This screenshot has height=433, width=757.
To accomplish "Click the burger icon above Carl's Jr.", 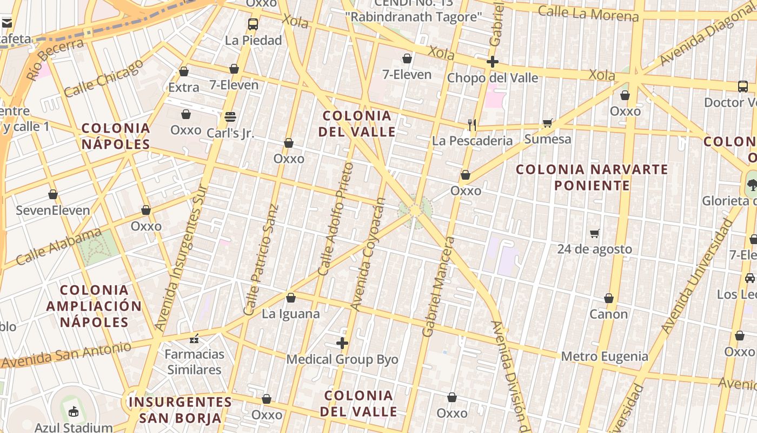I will pos(230,116).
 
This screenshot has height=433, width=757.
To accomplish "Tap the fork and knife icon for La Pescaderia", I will pos(472,125).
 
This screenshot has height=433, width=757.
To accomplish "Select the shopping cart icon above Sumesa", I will pos(547,123).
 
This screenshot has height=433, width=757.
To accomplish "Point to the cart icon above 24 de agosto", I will pos(594,233).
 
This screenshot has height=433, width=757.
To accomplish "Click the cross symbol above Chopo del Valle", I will pos(492,62).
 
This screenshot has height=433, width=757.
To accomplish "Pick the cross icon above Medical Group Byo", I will pos(342,343).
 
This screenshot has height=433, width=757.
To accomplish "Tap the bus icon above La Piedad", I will pos(253,24).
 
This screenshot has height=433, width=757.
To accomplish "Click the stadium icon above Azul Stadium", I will pos(74,411).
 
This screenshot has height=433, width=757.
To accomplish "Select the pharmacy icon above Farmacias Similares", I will pos(194,339).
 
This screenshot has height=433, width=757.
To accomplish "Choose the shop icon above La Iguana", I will pos(291,298).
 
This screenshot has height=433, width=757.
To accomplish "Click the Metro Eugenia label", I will pos(605,356).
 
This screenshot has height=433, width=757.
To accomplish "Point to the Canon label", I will pos(608,314).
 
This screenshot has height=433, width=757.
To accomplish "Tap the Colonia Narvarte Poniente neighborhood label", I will pos(592,177).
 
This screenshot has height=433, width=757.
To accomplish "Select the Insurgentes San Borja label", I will pos(181,410).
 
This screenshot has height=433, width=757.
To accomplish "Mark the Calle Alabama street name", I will pos(58,247).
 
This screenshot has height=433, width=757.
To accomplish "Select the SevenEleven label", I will pos(53,211).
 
